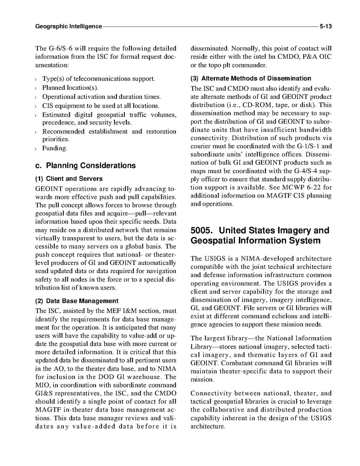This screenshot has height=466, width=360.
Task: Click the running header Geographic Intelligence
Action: click(68, 27)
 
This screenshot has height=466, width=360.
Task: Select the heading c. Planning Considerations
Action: click(85, 166)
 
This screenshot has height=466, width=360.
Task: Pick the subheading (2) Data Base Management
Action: click(77, 301)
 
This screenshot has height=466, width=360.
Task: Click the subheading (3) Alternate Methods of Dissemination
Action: click(251, 79)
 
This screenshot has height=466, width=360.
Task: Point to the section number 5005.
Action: click(203, 231)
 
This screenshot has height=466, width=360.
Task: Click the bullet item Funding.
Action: click(55, 148)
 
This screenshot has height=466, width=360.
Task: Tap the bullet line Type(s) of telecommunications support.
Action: click(98, 79)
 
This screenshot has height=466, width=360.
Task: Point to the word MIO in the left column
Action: click(42, 385)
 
